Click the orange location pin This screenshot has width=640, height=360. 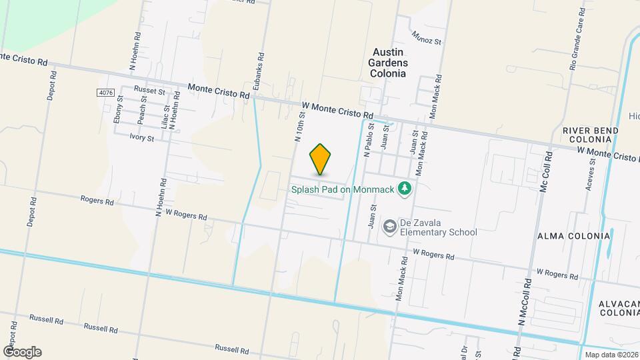(321, 159)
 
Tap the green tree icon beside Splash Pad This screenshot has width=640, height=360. (403, 189)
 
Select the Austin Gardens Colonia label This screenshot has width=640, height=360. (389, 63)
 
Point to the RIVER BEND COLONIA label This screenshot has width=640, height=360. (587, 134)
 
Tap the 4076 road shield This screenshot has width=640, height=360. (105, 92)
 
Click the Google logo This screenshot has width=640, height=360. (21, 351)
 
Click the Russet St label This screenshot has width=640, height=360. (149, 89)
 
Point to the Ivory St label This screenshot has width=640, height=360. (141, 138)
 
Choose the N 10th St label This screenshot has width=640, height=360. (298, 127)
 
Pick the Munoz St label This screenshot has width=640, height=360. (427, 37)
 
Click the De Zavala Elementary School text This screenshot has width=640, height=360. (438, 227)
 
